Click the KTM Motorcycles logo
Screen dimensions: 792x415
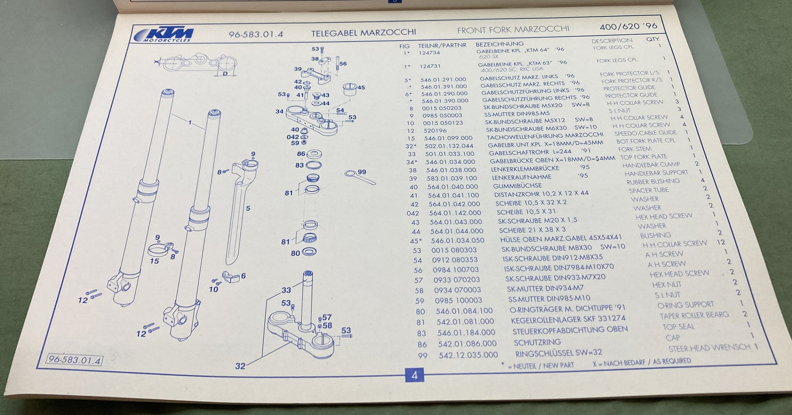click(x=164, y=35)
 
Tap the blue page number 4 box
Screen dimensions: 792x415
click(x=414, y=375)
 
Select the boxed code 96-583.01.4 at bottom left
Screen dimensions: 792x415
click(x=74, y=360)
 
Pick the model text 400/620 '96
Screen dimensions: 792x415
click(x=628, y=26)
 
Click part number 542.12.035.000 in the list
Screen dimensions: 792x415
click(x=468, y=355)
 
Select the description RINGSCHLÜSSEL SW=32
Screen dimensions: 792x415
click(x=558, y=353)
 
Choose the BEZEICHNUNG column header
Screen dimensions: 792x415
click(x=499, y=44)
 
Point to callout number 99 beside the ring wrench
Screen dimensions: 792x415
click(x=361, y=172)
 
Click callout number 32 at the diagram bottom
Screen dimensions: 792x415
click(x=240, y=366)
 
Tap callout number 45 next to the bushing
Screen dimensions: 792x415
click(x=361, y=87)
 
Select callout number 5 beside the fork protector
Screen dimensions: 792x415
click(x=248, y=209)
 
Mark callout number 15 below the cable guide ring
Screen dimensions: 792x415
click(x=154, y=261)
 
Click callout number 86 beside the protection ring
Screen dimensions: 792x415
click(x=301, y=154)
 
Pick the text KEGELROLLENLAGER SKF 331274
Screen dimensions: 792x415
click(x=568, y=320)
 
